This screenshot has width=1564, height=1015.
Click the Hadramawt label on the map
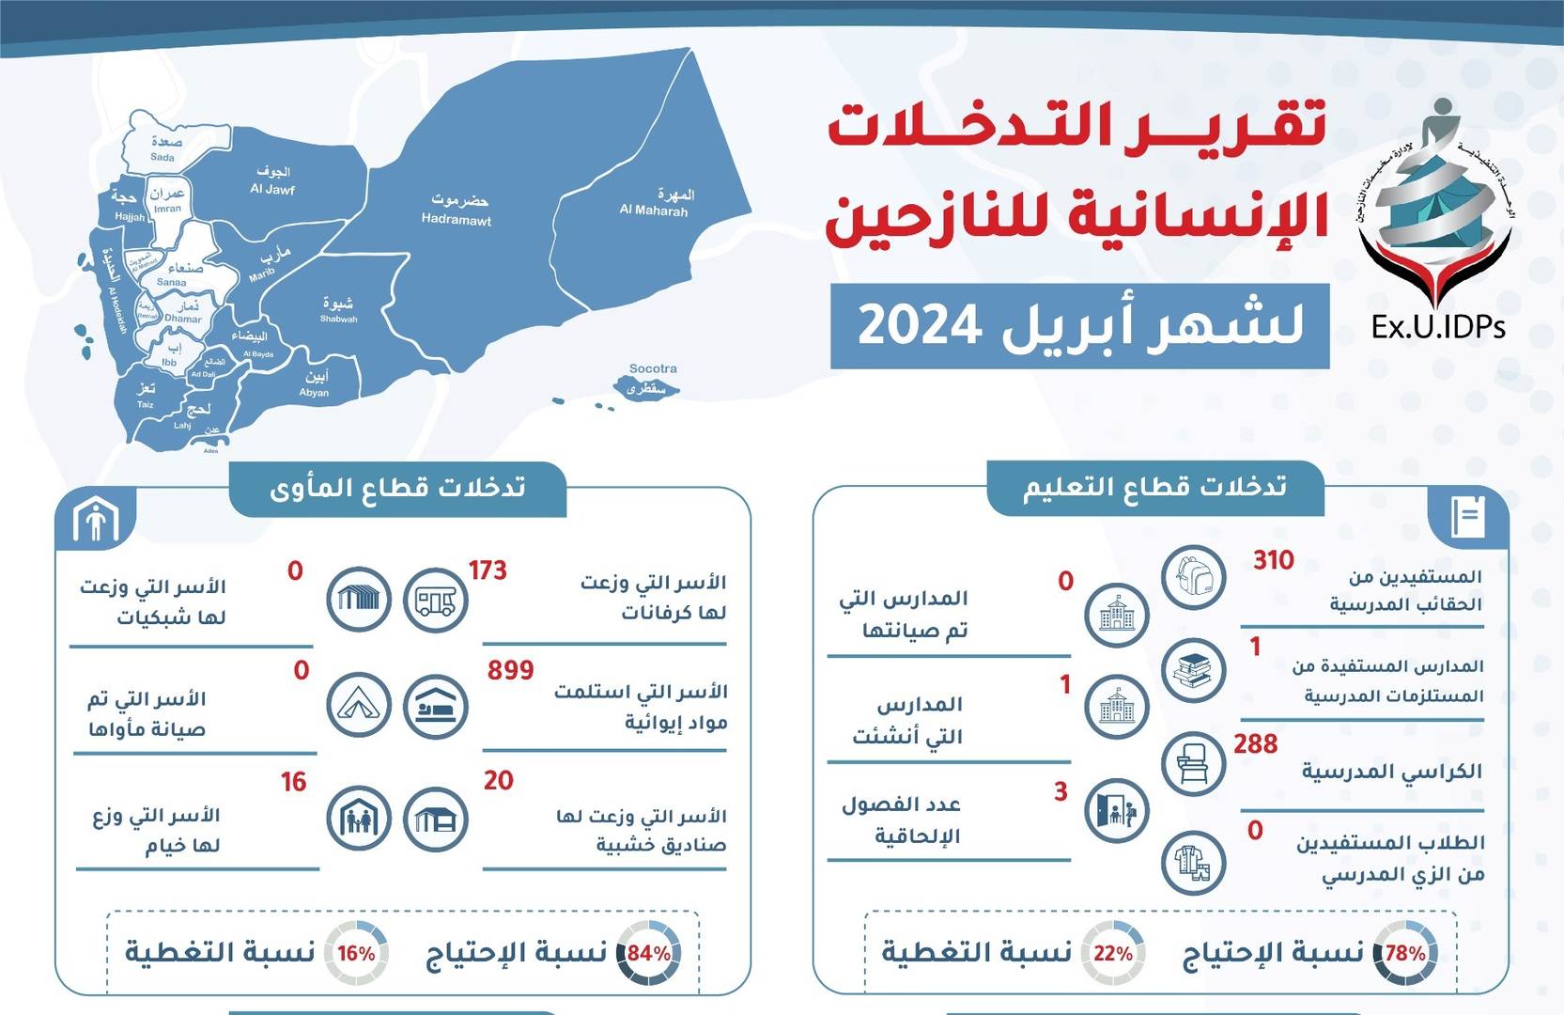457,211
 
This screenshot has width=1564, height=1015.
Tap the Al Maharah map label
655,203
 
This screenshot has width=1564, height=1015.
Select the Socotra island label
652,369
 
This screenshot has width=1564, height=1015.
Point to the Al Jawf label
272,180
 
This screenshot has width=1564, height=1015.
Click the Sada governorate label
164,149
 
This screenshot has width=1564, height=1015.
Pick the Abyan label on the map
315,384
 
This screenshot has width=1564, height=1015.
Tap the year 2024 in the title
920,325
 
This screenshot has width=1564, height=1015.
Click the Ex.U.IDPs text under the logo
1438,326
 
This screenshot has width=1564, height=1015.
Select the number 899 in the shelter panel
510,670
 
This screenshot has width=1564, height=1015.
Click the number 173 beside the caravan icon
488,570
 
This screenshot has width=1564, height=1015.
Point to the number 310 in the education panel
1273,560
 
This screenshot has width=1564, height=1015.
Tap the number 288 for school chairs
1255,744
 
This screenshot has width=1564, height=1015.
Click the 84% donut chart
648,953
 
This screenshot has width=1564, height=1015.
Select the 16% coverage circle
356,953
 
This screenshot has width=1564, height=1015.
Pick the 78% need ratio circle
1404,953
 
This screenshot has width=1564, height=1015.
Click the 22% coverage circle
1113,953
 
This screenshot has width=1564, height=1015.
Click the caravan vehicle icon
435,600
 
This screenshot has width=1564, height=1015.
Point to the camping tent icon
359,705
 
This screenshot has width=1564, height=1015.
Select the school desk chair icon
1193,763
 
